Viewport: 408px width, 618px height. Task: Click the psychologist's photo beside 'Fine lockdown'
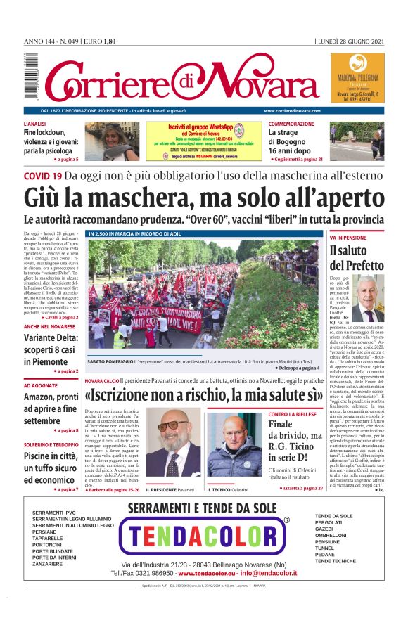click(x=112, y=141)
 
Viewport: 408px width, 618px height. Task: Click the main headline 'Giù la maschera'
click(x=204, y=198)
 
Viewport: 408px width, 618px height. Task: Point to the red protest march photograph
click(x=203, y=295)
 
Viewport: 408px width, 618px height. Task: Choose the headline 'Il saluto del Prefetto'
click(x=356, y=258)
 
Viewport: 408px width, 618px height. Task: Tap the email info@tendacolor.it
click(x=260, y=573)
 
